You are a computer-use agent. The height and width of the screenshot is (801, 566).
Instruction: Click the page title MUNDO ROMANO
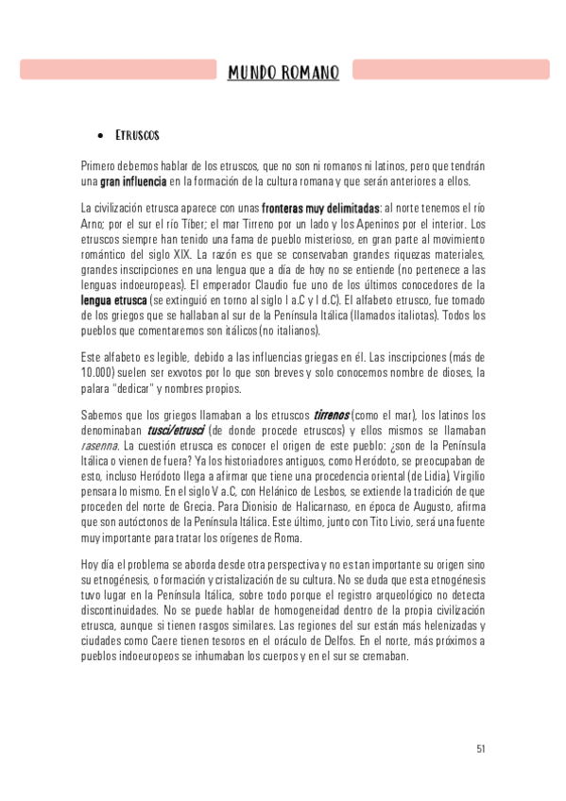(283, 72)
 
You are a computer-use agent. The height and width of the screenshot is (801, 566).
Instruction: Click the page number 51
(481, 749)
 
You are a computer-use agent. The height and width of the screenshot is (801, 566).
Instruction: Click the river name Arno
(94, 224)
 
